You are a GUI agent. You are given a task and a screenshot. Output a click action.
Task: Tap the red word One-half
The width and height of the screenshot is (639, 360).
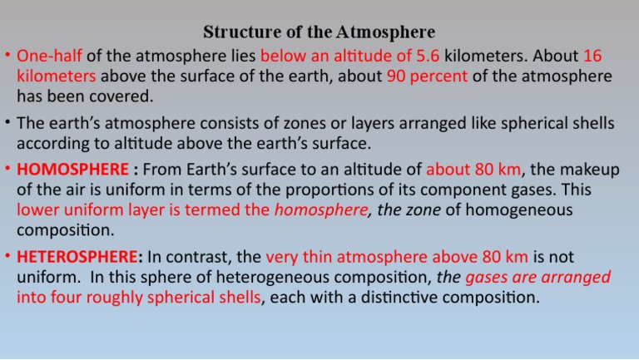47,57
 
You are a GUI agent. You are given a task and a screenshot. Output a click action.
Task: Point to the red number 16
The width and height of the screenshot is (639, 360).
592,57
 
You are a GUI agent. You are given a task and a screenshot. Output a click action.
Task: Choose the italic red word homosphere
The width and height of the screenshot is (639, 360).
320,209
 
